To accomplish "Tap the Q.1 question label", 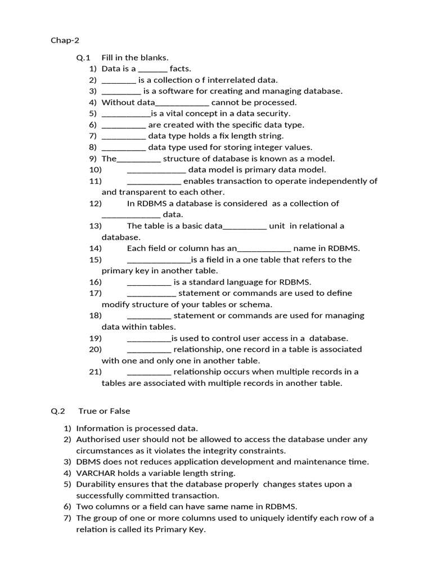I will pos(83,57).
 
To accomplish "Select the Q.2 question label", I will pos(58,411).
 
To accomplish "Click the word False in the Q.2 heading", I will pos(120,411).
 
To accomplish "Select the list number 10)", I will pos(95,169).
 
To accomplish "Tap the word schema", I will pos(256,304).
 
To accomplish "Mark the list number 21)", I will pos(95,372).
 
